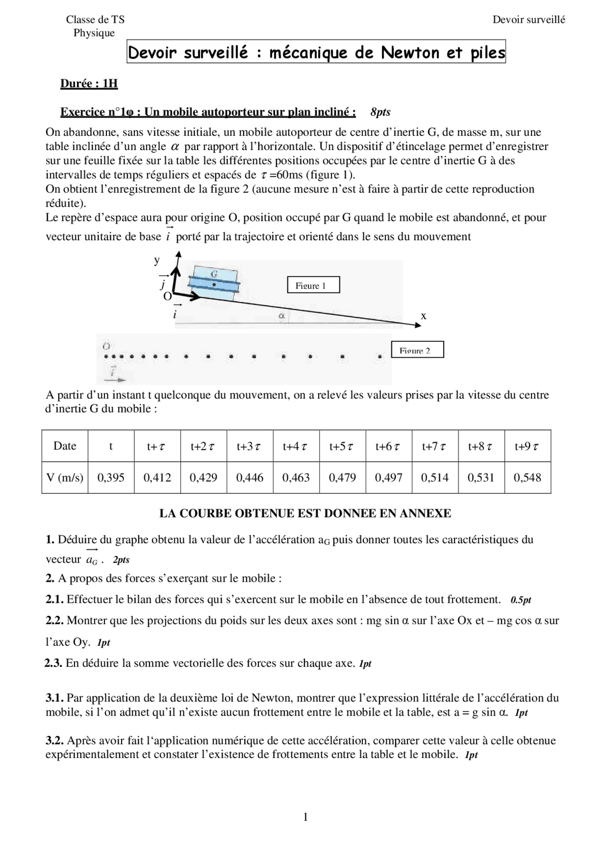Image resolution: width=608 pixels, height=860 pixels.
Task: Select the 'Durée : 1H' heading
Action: click(89, 84)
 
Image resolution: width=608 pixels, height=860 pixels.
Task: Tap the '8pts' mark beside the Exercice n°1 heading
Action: click(380, 112)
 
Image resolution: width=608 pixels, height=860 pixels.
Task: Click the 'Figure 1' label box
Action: click(313, 285)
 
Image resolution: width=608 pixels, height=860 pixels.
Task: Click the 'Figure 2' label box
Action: click(417, 350)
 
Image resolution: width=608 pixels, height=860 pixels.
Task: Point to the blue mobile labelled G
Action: click(214, 284)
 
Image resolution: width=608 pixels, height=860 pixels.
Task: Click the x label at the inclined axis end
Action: click(423, 316)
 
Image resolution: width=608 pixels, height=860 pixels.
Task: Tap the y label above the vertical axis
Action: click(157, 260)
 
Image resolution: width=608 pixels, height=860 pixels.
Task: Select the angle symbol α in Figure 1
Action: click(281, 315)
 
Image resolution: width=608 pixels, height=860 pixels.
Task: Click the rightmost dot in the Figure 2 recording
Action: click(380, 356)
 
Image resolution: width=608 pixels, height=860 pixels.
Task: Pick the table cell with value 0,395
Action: click(111, 477)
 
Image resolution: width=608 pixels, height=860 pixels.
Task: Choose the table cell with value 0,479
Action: click(342, 477)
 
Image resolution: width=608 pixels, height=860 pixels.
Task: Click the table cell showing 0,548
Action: click(527, 477)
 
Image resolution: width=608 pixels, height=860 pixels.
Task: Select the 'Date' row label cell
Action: click(65, 446)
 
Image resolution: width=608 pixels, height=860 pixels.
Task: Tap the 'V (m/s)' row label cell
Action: click(65, 477)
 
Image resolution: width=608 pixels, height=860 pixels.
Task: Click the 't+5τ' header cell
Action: click(342, 446)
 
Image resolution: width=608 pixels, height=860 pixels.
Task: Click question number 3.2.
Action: click(55, 740)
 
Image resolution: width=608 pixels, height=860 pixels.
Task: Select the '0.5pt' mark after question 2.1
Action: click(521, 600)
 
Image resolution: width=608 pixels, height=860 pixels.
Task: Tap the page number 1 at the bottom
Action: click(305, 817)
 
